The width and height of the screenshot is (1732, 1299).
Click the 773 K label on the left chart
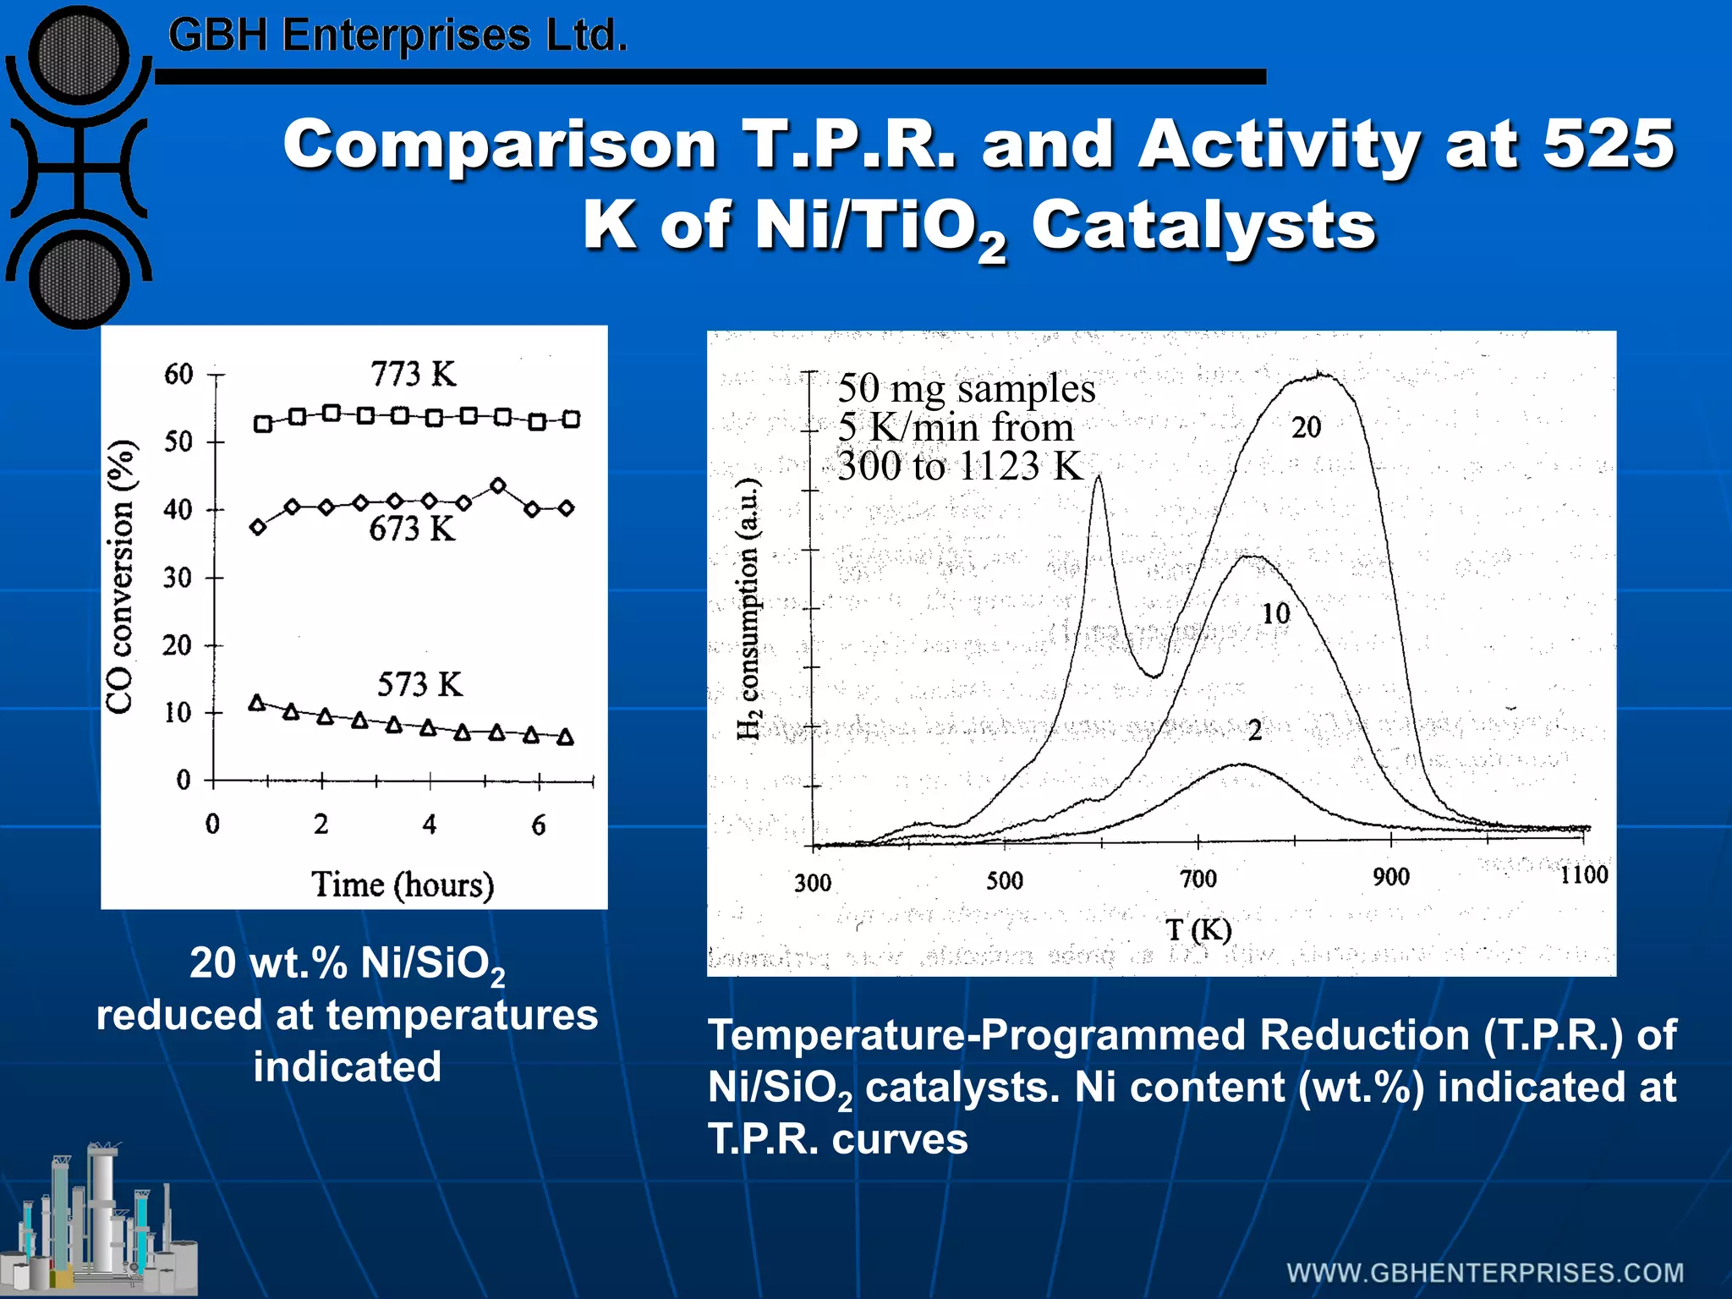pyautogui.click(x=413, y=374)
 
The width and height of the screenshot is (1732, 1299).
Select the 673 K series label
pyautogui.click(x=412, y=529)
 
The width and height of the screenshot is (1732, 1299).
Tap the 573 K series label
pyautogui.click(x=419, y=684)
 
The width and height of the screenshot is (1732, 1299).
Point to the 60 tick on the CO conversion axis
pyautogui.click(x=178, y=374)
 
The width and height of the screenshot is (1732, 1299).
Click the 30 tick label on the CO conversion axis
pyautogui.click(x=178, y=578)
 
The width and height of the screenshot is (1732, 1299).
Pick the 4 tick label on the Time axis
pyautogui.click(x=430, y=825)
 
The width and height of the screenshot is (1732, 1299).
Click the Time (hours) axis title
pyautogui.click(x=403, y=885)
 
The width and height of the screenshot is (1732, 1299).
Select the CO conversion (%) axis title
pyautogui.click(x=120, y=577)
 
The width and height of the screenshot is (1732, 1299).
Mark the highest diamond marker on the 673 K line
pyautogui.click(x=498, y=485)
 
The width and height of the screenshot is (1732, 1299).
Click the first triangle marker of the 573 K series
pyautogui.click(x=257, y=703)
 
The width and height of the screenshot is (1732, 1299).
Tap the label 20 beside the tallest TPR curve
pyautogui.click(x=1306, y=428)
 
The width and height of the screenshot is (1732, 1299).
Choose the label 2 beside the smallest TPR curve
pyautogui.click(x=1255, y=730)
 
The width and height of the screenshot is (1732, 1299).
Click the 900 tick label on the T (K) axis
pyautogui.click(x=1391, y=877)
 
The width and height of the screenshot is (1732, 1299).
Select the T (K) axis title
pyautogui.click(x=1198, y=930)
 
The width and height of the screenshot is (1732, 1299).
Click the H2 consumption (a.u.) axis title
pyautogui.click(x=748, y=609)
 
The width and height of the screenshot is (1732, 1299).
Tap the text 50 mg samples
pyautogui.click(x=966, y=389)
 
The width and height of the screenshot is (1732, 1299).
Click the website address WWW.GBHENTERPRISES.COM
pyautogui.click(x=1485, y=1273)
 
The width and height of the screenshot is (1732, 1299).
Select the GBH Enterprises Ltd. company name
pyautogui.click(x=397, y=36)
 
